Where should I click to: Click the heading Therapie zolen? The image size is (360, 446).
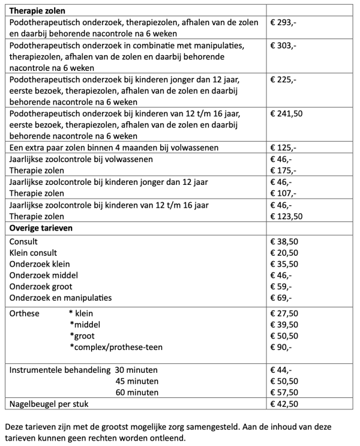(x=38, y=10)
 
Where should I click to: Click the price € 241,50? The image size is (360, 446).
(x=287, y=113)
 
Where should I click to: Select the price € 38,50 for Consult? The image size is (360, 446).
(x=285, y=241)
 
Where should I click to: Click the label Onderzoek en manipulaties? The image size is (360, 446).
(x=61, y=298)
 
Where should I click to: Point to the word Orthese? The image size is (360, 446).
(x=25, y=313)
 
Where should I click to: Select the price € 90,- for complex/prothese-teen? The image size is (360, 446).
(x=281, y=347)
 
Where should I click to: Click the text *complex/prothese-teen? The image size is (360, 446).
(x=116, y=347)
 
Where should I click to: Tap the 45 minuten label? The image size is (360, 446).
(x=137, y=381)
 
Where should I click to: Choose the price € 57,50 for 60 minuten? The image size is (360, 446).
(x=285, y=392)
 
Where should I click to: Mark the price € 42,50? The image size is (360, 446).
(x=285, y=404)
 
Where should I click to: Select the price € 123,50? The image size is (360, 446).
(x=287, y=216)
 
